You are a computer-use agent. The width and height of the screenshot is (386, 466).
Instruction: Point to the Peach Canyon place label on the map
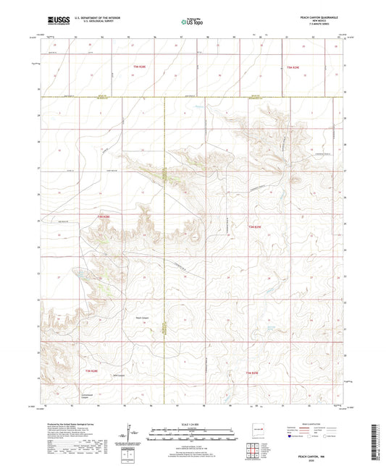tap(144, 316)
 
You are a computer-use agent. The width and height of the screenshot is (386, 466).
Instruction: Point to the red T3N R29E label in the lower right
tap(251, 371)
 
